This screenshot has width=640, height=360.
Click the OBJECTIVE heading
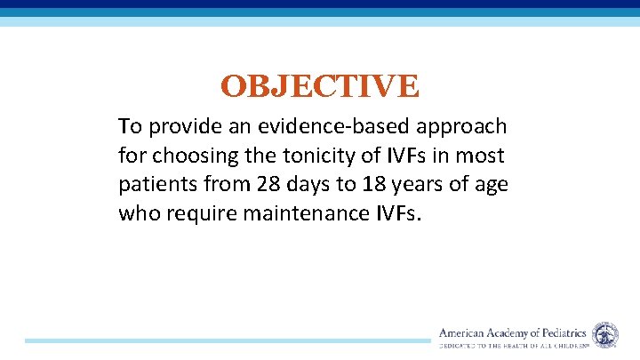(319, 87)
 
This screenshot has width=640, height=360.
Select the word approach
(462, 128)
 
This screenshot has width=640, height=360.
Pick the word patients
(156, 186)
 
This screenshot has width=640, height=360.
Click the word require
(200, 214)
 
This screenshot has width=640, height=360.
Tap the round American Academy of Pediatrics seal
(605, 335)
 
